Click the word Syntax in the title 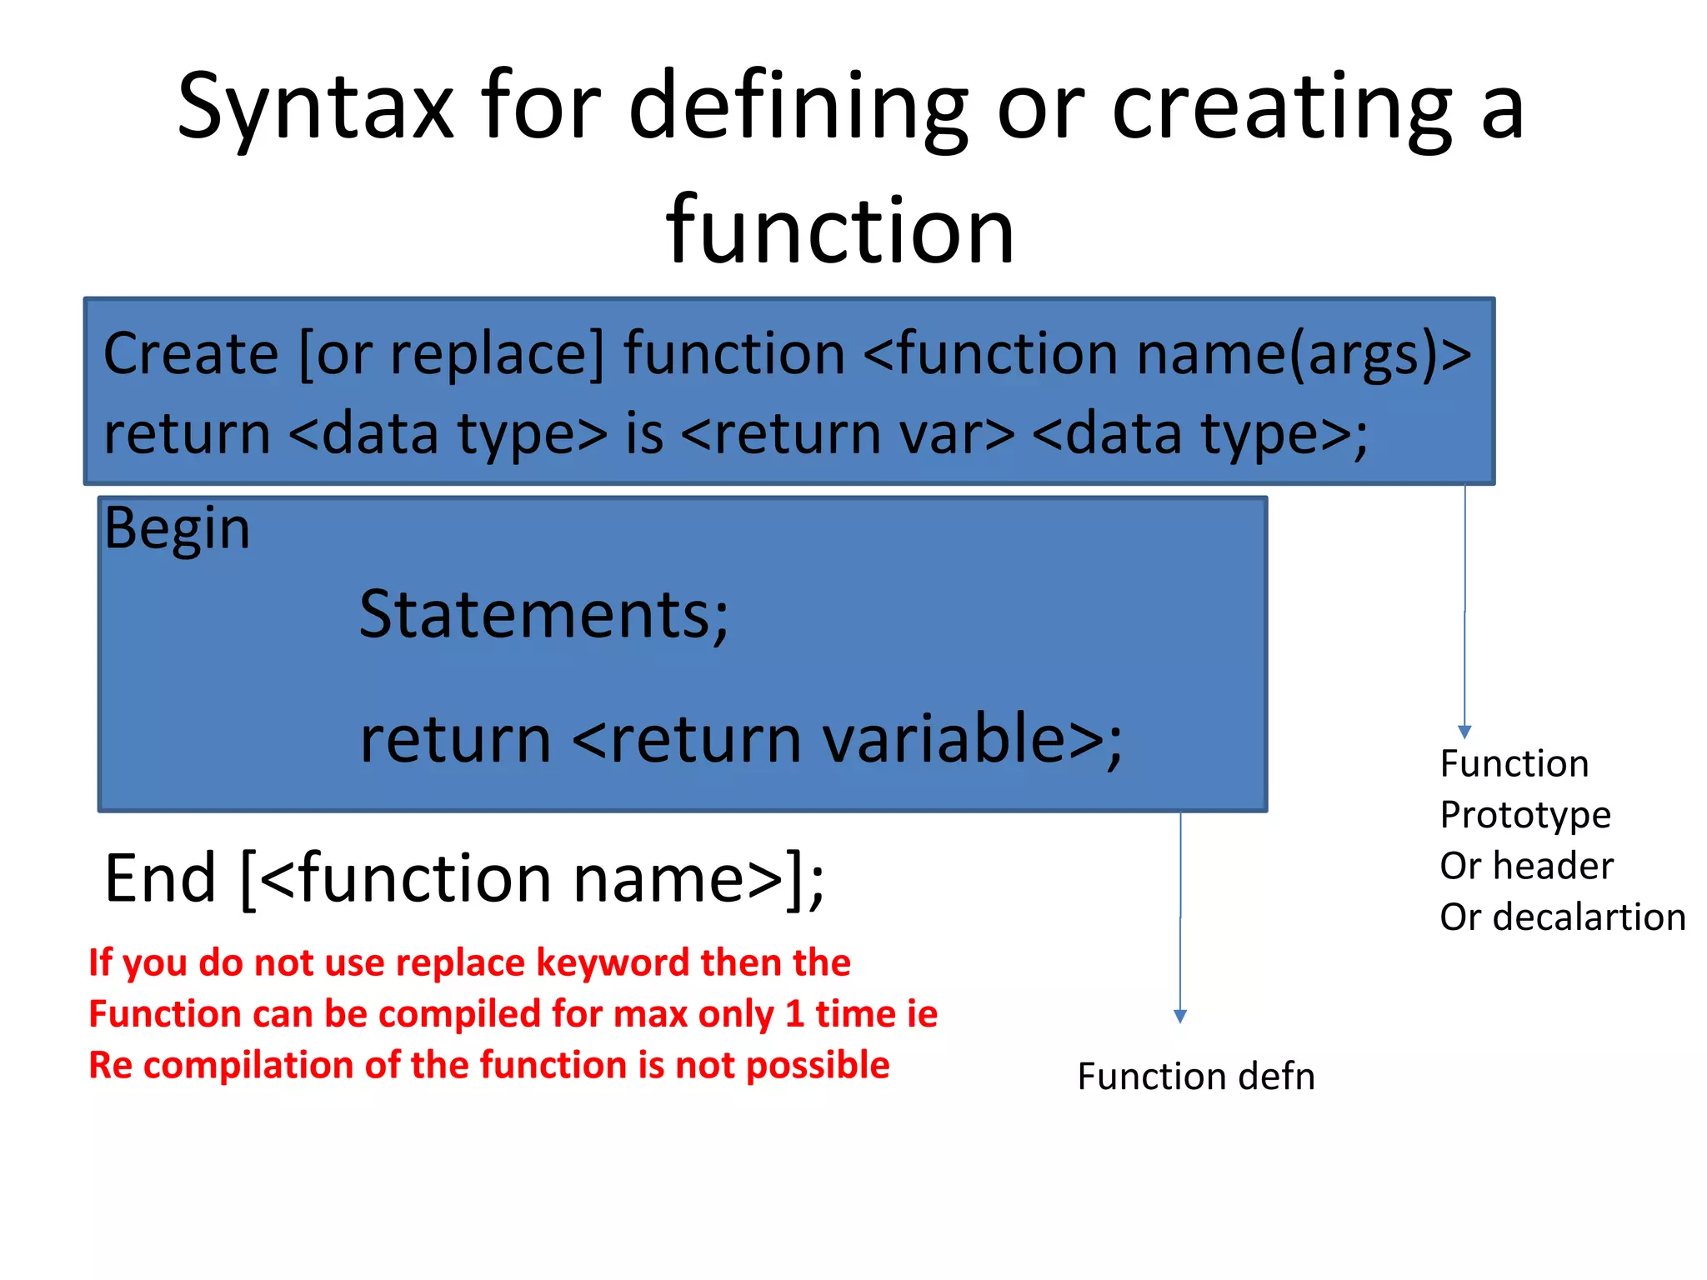[x=315, y=107]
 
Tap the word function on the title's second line [x=840, y=229]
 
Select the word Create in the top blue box [x=191, y=353]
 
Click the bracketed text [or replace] [x=451, y=353]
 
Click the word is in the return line [x=644, y=433]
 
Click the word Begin [x=177, y=528]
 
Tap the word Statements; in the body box [x=543, y=615]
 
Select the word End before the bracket [x=160, y=878]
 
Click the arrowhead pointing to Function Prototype [x=1464, y=732]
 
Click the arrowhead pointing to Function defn [x=1180, y=1016]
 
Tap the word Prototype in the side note [x=1525, y=815]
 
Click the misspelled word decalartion [x=1589, y=917]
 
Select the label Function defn [x=1196, y=1076]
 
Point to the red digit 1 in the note [x=794, y=1014]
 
